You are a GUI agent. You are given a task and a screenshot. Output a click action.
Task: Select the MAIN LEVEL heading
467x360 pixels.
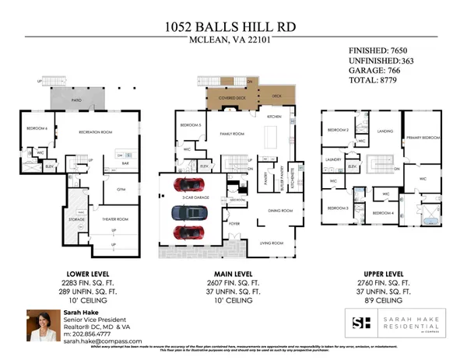coord(233,274)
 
